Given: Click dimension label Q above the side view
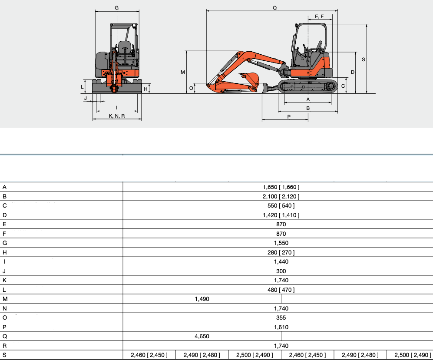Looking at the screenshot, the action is [x=274, y=8].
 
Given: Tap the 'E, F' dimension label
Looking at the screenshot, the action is [x=319, y=17].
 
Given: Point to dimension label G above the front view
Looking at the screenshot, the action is [x=116, y=8].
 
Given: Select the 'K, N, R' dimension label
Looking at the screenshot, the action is [x=117, y=116].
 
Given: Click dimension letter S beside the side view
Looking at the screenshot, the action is [x=364, y=59].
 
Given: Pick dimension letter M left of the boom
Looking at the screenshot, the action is [x=182, y=72].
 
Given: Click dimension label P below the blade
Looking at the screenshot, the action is [x=289, y=117].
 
